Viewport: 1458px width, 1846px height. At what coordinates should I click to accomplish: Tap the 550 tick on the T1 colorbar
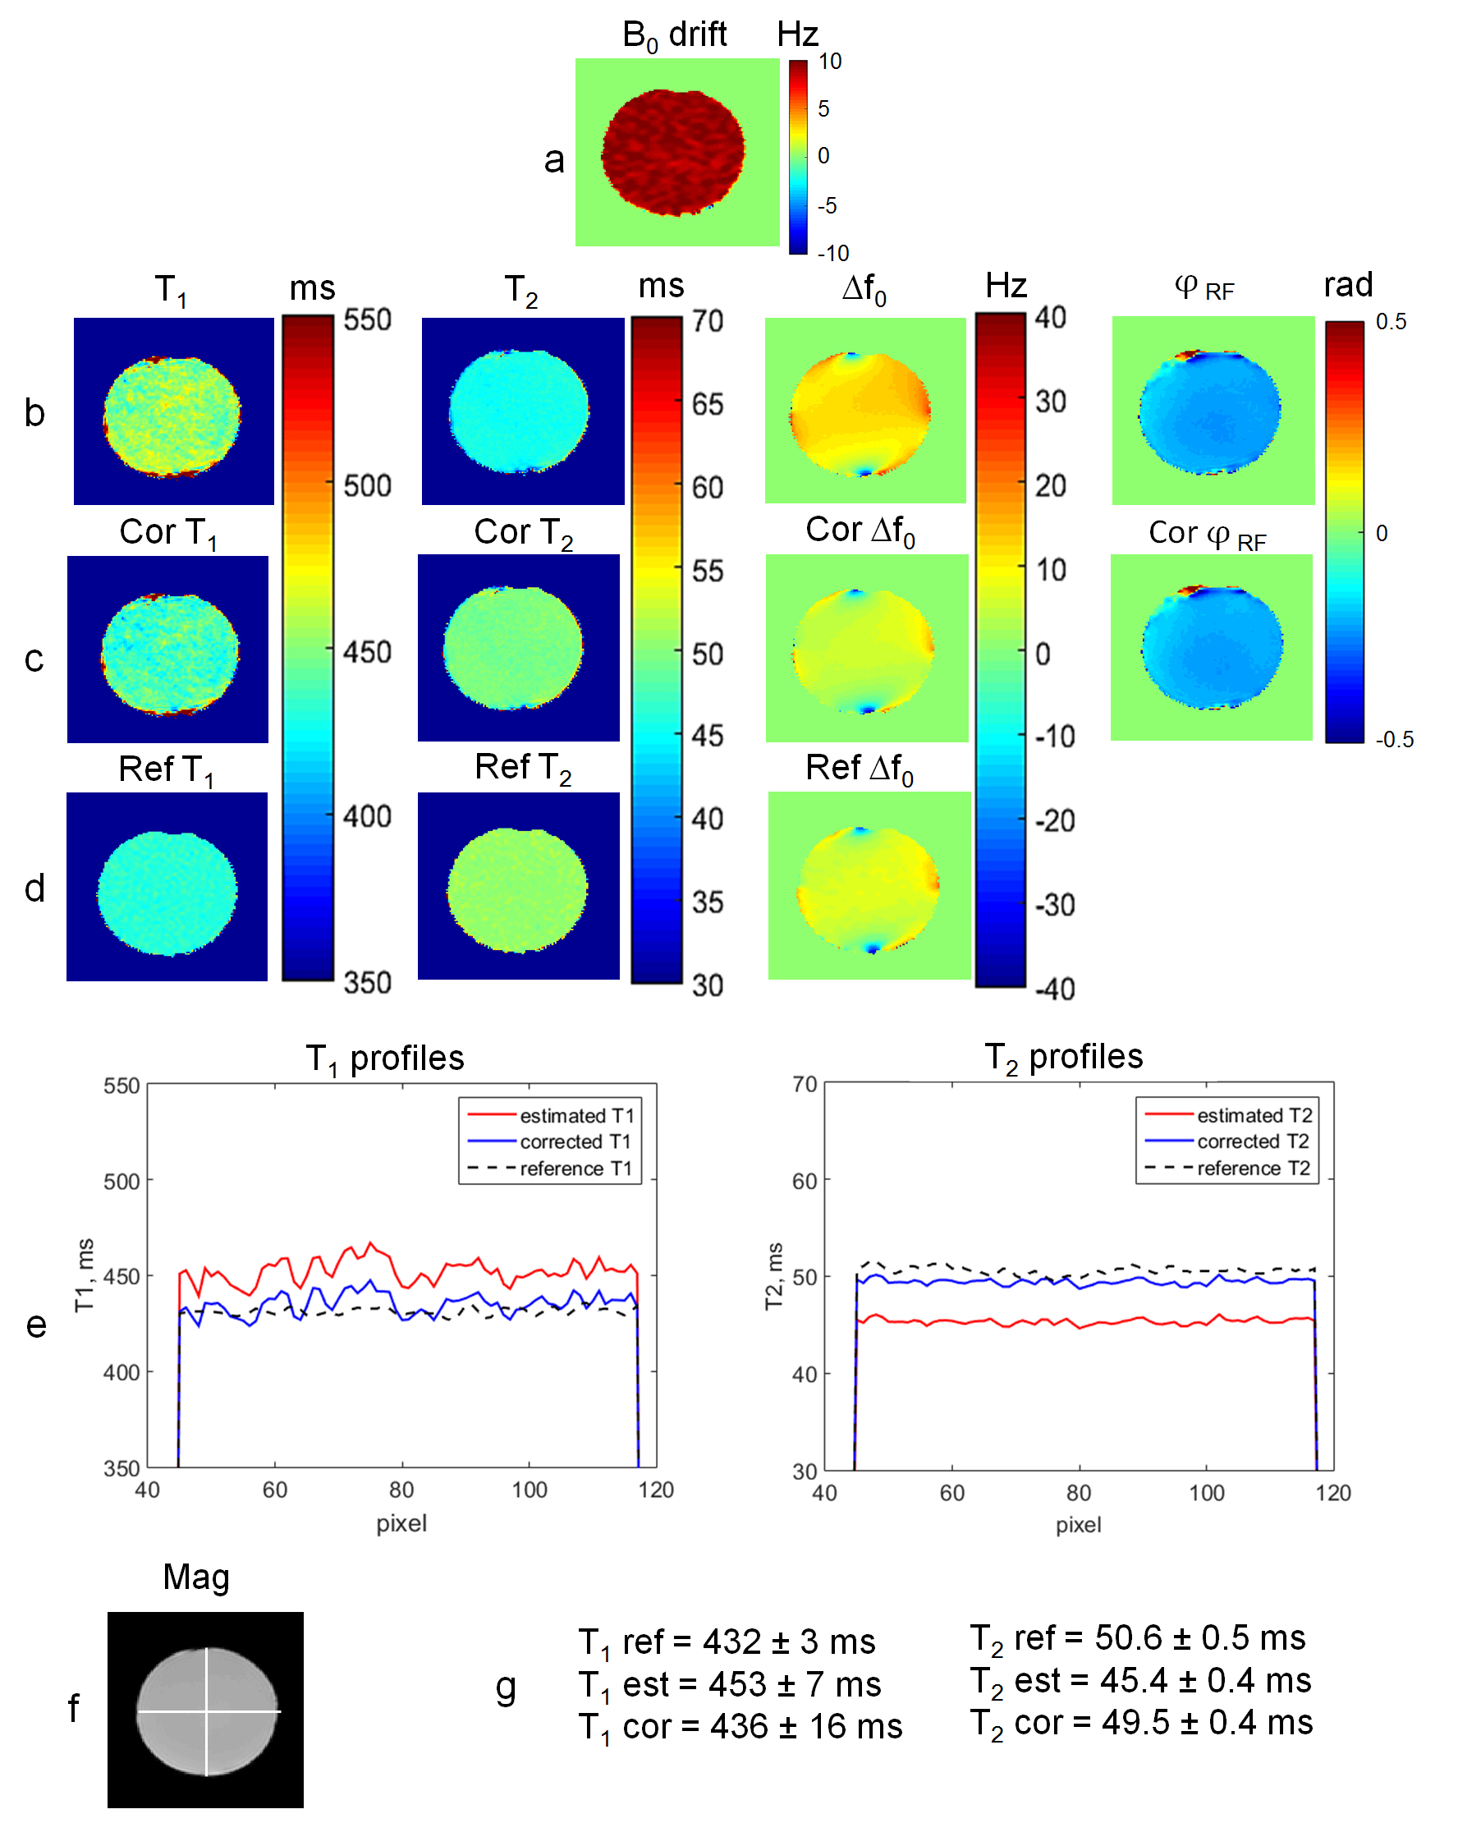point(367,320)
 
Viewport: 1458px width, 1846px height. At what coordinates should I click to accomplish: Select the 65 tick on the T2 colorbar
point(707,404)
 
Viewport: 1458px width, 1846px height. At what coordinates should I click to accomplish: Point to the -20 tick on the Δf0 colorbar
point(1055,821)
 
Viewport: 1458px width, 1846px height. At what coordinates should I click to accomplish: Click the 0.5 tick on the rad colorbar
point(1391,322)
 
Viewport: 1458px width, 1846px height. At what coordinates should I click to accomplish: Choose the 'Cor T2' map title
point(522,533)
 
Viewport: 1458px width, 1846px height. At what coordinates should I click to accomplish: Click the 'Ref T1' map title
point(166,770)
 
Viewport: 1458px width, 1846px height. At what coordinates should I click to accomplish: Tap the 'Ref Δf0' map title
point(859,769)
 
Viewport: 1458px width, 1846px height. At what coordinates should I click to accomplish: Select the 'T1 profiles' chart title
point(385,1058)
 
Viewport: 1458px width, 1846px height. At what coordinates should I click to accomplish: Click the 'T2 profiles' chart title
point(1064,1058)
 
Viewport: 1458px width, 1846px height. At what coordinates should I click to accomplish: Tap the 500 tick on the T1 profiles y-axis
point(121,1182)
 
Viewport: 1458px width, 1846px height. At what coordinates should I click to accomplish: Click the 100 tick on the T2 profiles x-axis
point(1206,1494)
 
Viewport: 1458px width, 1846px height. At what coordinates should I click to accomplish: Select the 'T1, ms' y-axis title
point(85,1275)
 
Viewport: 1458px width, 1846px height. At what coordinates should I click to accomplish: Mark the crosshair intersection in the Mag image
point(206,1711)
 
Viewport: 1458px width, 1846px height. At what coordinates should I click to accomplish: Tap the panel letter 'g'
point(506,1688)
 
